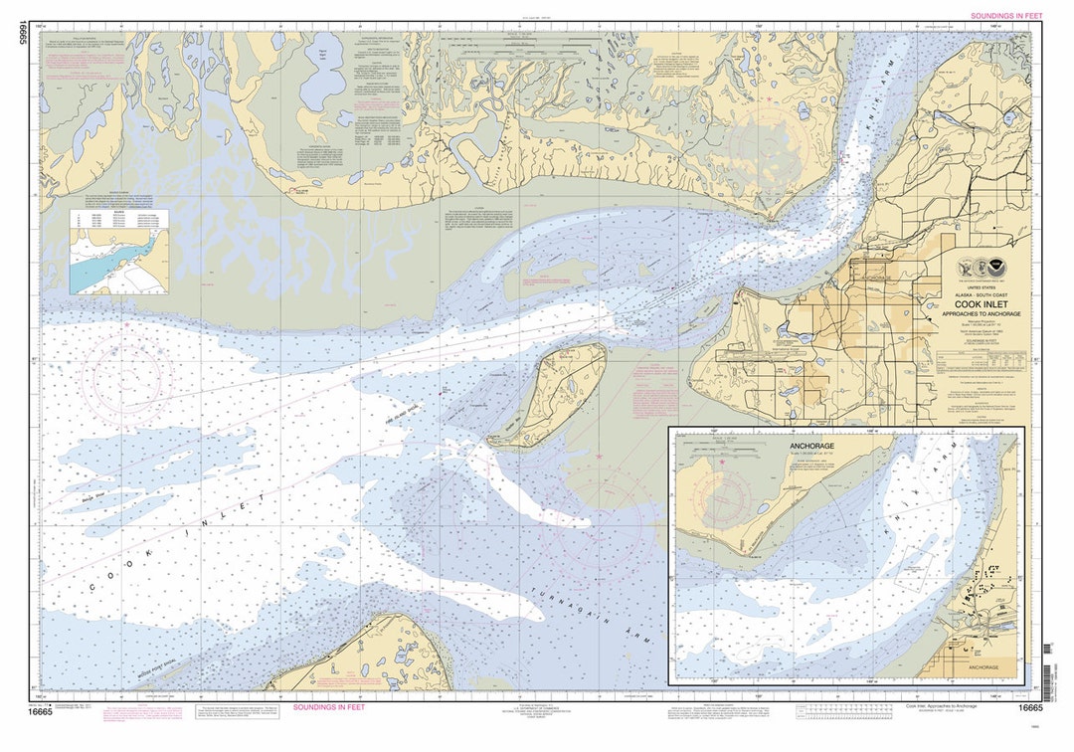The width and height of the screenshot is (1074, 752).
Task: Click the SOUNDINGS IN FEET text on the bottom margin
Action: pos(328,707)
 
